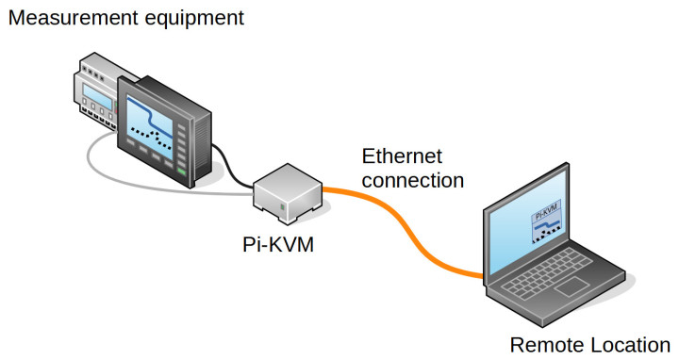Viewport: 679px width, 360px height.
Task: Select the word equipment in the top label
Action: pos(199,17)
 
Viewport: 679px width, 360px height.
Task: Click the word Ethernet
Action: pos(403,155)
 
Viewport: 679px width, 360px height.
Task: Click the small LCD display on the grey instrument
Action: pos(99,96)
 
